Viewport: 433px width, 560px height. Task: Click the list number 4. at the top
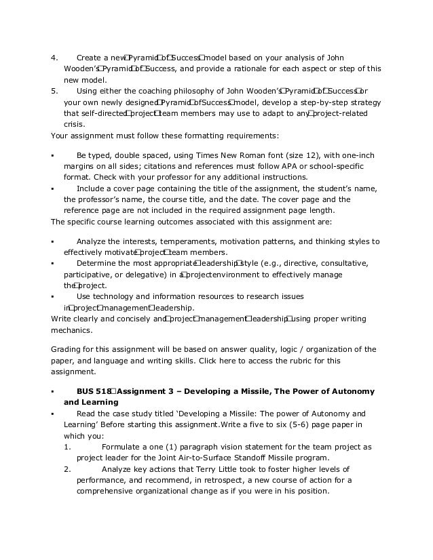point(54,58)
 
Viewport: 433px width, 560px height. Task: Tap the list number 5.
point(54,91)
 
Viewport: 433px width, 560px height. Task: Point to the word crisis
point(74,124)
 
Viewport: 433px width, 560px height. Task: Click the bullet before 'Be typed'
point(53,155)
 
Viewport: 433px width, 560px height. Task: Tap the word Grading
point(66,349)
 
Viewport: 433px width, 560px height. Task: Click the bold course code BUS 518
point(94,392)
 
